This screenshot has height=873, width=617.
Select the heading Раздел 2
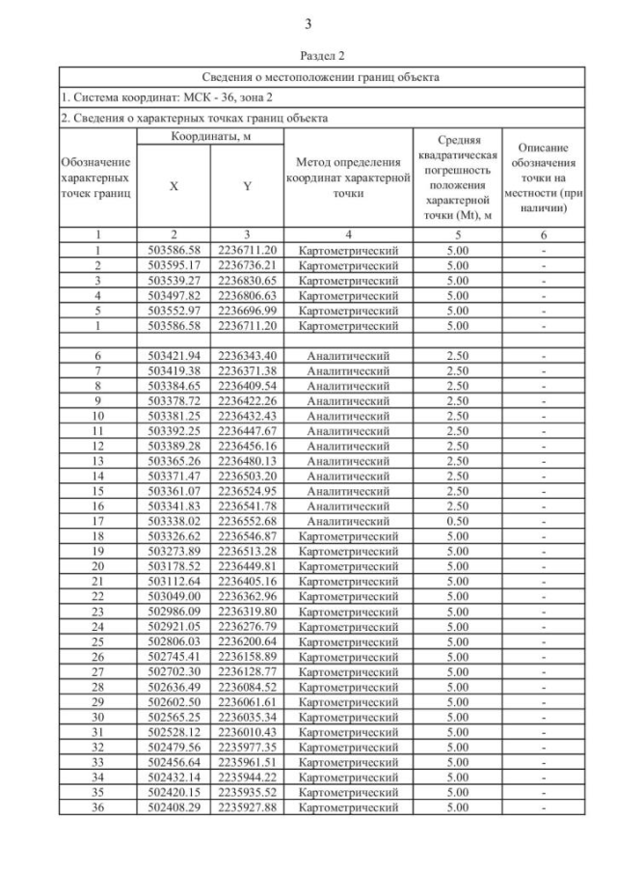[308, 57]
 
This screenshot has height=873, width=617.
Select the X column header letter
[174, 187]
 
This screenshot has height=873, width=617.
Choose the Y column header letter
[247, 187]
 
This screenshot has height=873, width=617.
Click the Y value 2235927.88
[247, 806]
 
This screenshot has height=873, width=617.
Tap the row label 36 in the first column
[97, 806]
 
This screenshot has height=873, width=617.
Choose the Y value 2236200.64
[247, 641]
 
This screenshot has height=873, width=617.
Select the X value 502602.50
[174, 701]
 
